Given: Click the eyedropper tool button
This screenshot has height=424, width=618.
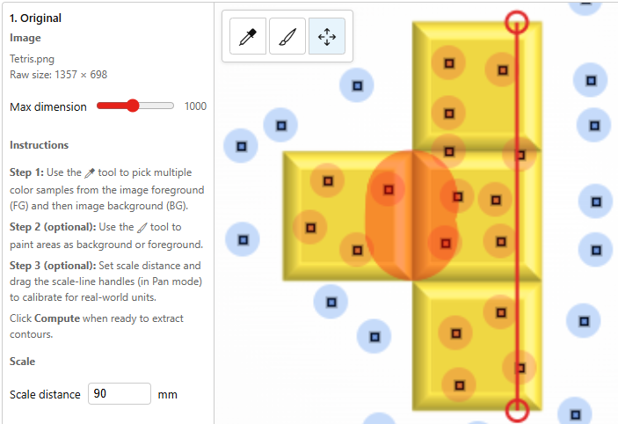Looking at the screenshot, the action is (248, 36).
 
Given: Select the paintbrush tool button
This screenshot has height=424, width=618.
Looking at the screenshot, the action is (287, 36).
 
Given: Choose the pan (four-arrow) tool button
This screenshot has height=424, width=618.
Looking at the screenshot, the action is (327, 36).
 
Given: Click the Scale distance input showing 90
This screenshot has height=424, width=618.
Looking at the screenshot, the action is (120, 393).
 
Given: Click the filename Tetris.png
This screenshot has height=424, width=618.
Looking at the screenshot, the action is (32, 59).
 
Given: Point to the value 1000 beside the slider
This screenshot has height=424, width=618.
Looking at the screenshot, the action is (195, 106).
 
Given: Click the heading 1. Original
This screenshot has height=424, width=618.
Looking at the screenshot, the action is (35, 18).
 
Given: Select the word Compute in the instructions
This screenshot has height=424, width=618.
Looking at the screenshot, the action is (57, 318).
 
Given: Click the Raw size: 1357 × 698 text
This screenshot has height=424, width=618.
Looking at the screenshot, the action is (58, 75).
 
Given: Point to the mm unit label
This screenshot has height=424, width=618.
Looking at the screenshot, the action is (168, 395).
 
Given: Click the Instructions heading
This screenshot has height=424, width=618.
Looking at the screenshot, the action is (39, 145).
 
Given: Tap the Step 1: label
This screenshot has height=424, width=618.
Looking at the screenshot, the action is (26, 172).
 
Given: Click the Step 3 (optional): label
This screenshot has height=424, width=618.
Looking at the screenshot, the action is (53, 266).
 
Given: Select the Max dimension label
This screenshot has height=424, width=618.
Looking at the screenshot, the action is (48, 107).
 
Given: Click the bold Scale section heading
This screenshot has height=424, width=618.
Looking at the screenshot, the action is (23, 362).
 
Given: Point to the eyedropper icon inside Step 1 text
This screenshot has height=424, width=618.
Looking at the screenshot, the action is (90, 172).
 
